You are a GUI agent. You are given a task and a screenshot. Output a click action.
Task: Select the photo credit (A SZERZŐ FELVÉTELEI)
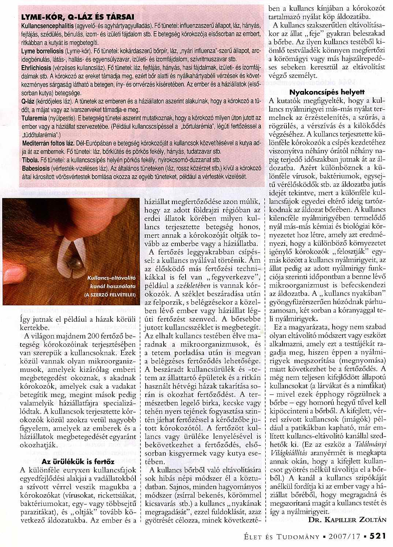(110, 294)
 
